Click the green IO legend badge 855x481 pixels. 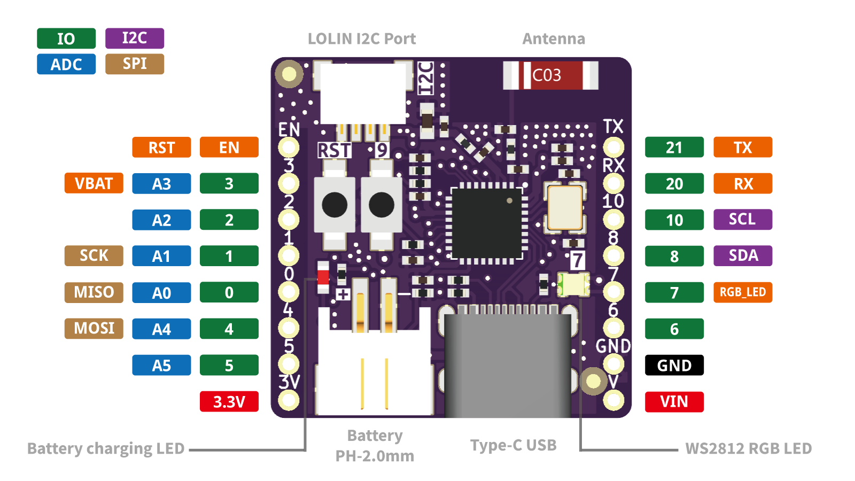click(66, 38)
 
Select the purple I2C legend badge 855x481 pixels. click(135, 38)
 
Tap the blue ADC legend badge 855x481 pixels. click(66, 64)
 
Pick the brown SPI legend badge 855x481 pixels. click(135, 64)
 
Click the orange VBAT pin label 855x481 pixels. click(94, 183)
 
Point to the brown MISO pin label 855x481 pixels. click(94, 292)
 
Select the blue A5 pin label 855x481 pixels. click(161, 366)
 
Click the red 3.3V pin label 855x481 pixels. click(229, 401)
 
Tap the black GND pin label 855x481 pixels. click(674, 366)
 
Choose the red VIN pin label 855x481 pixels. click(674, 401)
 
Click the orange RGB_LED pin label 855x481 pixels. click(743, 292)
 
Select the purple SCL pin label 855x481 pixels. click(743, 219)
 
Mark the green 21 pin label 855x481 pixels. click(674, 148)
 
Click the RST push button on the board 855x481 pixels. click(335, 205)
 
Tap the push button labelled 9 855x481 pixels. click(382, 205)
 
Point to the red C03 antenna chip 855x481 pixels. click(550, 75)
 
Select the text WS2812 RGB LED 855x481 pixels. click(748, 448)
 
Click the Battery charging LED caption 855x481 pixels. click(106, 448)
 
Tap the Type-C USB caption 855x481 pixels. click(514, 445)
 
